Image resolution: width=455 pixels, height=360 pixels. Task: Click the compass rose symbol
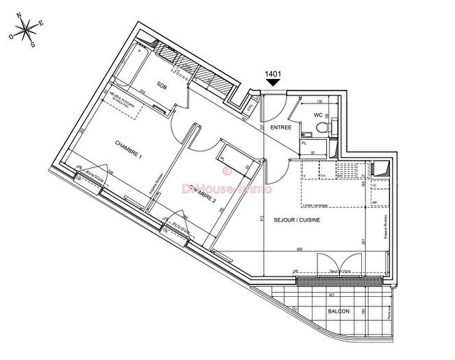26,29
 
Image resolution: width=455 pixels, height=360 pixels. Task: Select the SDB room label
162,86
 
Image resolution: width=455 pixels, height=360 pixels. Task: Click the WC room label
318,115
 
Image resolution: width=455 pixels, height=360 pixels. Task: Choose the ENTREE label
281,127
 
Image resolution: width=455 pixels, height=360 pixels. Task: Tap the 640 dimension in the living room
318,249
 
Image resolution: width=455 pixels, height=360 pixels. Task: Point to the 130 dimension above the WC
318,101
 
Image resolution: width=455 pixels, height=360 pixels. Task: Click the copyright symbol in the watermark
227,173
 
